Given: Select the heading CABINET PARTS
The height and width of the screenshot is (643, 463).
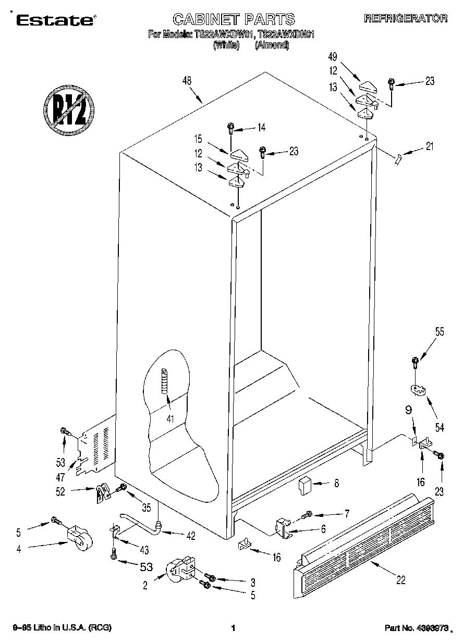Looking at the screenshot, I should click(x=234, y=20).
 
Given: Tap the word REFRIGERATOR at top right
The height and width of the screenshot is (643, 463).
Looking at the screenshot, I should click(x=405, y=19).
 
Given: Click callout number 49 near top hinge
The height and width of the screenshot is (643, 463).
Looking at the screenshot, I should click(x=333, y=56).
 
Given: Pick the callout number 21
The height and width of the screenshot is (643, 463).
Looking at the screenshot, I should click(x=429, y=146).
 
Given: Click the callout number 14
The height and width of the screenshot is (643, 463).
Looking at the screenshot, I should click(x=261, y=127).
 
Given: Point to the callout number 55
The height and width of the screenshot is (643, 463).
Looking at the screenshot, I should click(x=440, y=331).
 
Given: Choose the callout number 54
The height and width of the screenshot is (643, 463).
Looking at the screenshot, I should click(x=440, y=427).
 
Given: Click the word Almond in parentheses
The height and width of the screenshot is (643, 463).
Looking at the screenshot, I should click(x=272, y=45).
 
